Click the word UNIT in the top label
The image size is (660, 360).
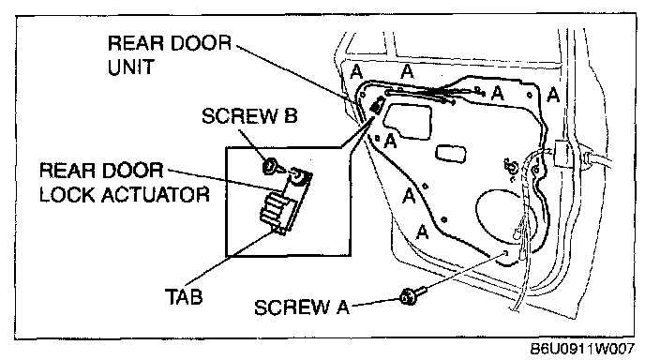(x=131, y=67)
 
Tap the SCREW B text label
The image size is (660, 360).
(x=249, y=116)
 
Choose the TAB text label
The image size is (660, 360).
(x=184, y=296)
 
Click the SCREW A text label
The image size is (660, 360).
(x=302, y=307)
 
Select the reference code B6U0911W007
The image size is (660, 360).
(x=582, y=349)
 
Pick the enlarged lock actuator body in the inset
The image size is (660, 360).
(x=285, y=202)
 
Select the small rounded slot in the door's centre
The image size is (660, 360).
(x=451, y=153)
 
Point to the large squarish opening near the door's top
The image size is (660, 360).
(x=408, y=120)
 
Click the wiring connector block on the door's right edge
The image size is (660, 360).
(x=561, y=153)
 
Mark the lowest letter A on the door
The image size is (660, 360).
(x=422, y=232)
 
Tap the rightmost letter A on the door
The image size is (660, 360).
(x=553, y=95)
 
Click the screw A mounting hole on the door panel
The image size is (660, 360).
(x=505, y=253)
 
